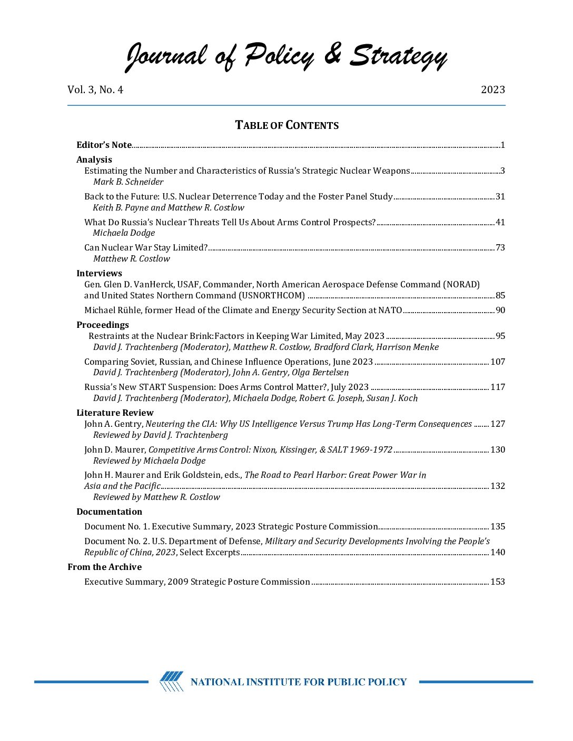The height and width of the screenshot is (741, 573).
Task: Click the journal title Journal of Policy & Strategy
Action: [x=286, y=56]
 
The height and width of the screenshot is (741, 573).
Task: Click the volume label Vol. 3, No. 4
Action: [x=95, y=89]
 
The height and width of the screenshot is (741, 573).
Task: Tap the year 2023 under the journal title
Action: [x=492, y=89]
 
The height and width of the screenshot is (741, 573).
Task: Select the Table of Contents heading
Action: [x=286, y=125]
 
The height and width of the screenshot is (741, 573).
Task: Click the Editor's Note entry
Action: [x=104, y=145]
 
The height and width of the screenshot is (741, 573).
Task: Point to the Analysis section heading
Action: [x=94, y=159]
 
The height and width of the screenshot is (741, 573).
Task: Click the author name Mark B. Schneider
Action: [x=128, y=182]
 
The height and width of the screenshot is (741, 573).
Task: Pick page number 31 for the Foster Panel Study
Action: [x=500, y=196]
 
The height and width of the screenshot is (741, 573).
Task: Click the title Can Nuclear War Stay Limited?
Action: [x=146, y=247]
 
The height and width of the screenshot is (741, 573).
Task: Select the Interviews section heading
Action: [x=99, y=273]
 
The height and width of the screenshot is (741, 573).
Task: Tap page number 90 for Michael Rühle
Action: [x=500, y=310]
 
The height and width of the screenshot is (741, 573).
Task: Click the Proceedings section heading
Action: [x=103, y=325]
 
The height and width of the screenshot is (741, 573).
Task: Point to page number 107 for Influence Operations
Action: [x=497, y=362]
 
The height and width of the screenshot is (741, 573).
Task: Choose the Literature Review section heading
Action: [x=115, y=413]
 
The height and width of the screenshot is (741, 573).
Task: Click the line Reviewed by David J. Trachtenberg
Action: [x=160, y=435]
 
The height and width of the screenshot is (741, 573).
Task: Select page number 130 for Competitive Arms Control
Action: [x=497, y=449]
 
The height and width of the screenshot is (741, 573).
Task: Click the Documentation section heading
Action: [x=109, y=512]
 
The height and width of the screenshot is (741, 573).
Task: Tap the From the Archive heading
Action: [x=104, y=567]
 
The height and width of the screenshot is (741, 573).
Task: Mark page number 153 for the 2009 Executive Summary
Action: [x=497, y=582]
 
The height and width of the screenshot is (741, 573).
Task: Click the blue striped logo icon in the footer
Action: [x=172, y=682]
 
